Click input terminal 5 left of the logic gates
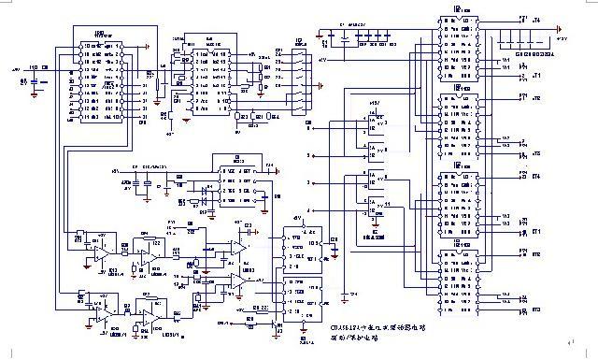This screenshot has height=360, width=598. click(x=309, y=154)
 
